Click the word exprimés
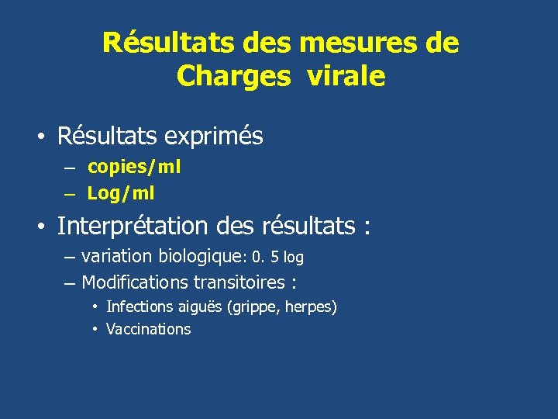coord(214,137)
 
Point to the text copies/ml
coord(134,166)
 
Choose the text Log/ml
coord(121,192)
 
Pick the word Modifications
coord(136,282)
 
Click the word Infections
coord(137,307)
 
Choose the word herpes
coord(311,308)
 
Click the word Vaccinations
coord(148,329)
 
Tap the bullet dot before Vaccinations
coord(94,329)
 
